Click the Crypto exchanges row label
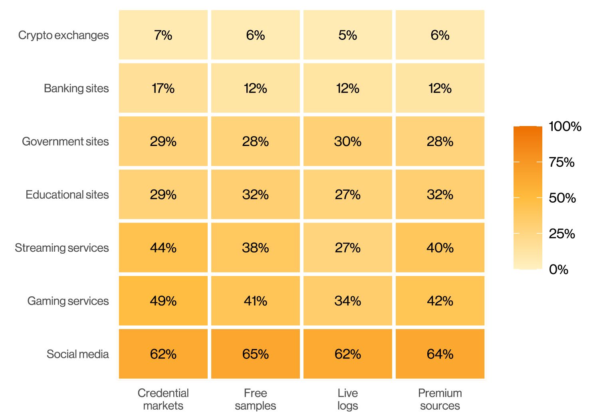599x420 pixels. click(x=63, y=35)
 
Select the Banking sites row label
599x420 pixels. click(x=76, y=89)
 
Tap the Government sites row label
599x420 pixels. click(x=65, y=141)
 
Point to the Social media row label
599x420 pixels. click(x=77, y=354)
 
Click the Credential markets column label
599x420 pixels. click(x=163, y=399)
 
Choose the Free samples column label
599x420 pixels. click(x=256, y=399)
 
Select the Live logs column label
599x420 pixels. click(x=348, y=399)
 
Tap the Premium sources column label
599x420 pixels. click(x=440, y=399)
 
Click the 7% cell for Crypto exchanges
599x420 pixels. click(x=163, y=35)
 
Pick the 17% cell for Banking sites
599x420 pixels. click(x=163, y=88)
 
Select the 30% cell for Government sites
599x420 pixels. click(x=348, y=141)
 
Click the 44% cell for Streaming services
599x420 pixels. click(x=163, y=247)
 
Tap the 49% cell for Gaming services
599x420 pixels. click(x=163, y=301)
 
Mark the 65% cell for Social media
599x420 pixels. click(x=256, y=354)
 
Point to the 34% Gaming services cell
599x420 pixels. click(x=348, y=301)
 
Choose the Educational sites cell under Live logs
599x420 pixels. click(x=348, y=194)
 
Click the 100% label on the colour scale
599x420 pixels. click(x=565, y=126)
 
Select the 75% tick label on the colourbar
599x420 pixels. click(x=561, y=162)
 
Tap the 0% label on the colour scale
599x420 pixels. click(x=559, y=269)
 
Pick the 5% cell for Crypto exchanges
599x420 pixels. click(x=348, y=35)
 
